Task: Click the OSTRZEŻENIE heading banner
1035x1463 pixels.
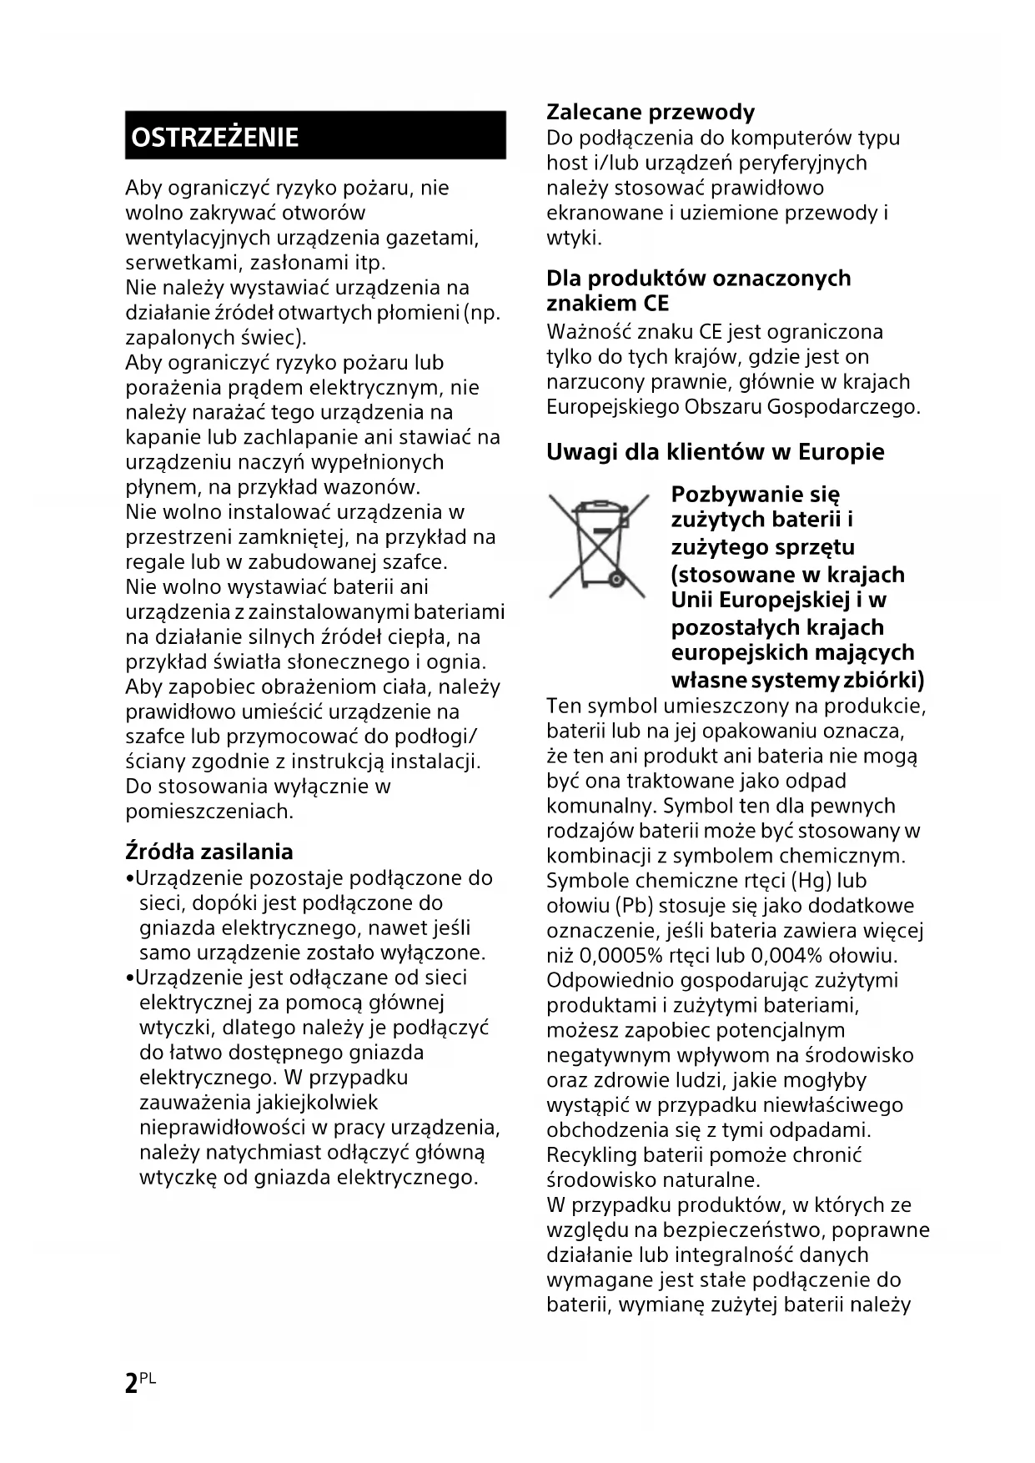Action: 315,135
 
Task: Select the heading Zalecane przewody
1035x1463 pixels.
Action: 651,112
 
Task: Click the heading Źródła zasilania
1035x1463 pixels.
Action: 209,852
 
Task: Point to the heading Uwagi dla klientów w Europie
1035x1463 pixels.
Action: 715,452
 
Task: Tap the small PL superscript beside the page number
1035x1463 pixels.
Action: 148,1379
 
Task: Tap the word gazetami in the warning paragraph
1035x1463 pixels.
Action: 432,238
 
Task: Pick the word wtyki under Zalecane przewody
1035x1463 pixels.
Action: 572,239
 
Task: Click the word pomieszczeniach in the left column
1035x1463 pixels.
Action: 209,812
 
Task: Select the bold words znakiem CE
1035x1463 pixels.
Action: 607,304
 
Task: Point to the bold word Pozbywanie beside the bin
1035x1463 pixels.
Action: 731,495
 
